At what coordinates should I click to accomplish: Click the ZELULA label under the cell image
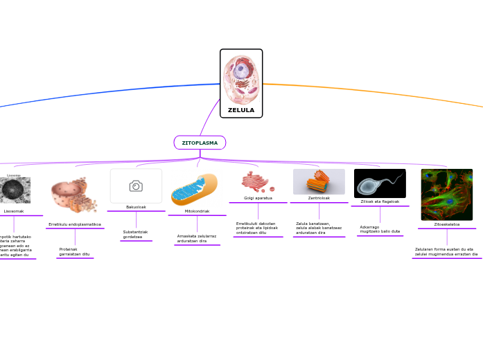241,110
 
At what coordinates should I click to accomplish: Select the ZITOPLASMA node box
200,143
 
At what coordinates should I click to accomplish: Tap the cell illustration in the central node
241,80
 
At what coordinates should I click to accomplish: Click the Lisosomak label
14,211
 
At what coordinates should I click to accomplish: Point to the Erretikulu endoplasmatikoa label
75,224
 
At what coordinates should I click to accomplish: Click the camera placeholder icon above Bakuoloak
136,186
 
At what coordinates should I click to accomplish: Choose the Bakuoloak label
136,207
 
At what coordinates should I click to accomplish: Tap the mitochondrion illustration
195,190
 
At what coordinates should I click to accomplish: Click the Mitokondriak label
197,211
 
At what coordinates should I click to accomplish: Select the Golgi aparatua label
258,198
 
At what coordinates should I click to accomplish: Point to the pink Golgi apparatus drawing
257,182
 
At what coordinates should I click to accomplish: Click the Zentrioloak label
319,198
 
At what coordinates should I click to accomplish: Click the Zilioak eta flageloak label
380,201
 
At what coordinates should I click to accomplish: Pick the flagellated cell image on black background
380,183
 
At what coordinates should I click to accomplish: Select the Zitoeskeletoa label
447,224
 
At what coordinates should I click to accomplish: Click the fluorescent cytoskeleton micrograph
447,195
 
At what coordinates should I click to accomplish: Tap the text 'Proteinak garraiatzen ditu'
74,251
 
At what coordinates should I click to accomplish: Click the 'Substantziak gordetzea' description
135,234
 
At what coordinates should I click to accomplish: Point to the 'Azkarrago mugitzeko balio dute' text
380,229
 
